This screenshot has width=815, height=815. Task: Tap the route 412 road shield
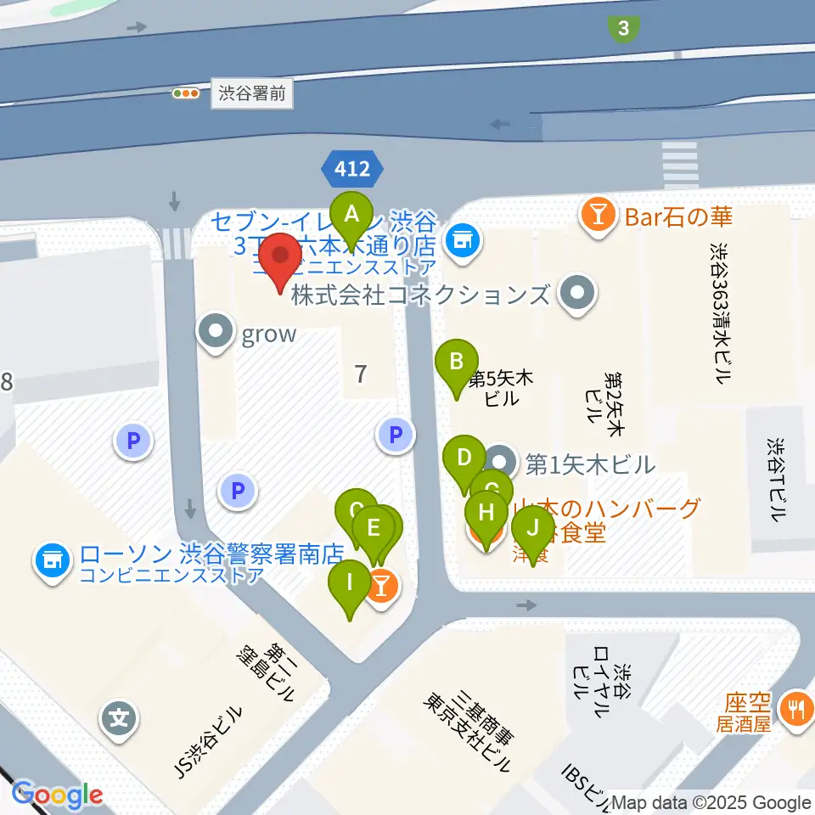[x=352, y=170]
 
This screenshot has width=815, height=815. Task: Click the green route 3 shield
[x=624, y=29]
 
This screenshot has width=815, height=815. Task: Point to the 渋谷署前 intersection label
[x=252, y=93]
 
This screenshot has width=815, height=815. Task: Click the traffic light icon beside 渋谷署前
[x=185, y=93]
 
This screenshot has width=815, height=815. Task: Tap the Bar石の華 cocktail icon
[x=599, y=217]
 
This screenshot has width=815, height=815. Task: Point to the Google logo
[x=57, y=795]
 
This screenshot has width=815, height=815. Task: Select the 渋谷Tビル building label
[x=775, y=480]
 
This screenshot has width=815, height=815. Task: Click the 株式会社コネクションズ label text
[x=420, y=295]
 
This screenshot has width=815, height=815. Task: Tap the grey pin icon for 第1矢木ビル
[x=503, y=463]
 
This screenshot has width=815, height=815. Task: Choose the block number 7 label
[x=361, y=374]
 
